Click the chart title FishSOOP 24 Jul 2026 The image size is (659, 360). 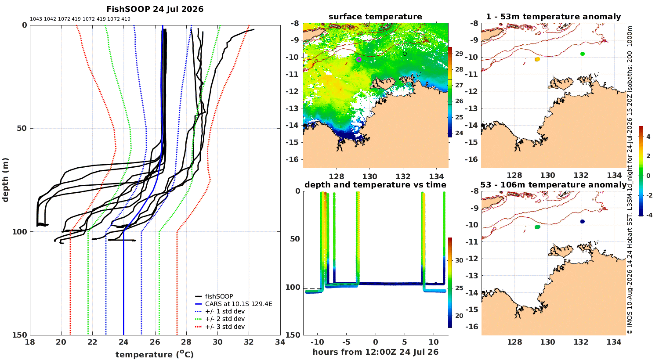(155, 9)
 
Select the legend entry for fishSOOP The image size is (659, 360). (219, 296)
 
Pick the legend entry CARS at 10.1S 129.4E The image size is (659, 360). (238, 303)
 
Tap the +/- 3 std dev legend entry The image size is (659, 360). (225, 327)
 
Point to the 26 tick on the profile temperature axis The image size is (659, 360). (155, 342)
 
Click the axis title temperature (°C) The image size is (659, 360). (155, 354)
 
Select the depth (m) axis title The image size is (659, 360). (5, 180)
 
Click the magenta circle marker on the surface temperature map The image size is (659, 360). (359, 60)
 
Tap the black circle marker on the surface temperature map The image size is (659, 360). (405, 54)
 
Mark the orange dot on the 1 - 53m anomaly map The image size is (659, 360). (537, 59)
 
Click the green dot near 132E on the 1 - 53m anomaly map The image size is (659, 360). (582, 54)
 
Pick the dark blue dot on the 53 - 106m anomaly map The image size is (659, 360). (582, 222)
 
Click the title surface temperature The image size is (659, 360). (375, 17)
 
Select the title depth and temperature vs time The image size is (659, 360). (375, 184)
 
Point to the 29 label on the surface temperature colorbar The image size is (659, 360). (459, 54)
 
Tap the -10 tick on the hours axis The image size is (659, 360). (318, 342)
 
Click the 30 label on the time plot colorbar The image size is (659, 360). (459, 260)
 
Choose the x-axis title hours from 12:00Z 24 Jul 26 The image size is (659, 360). (375, 352)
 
